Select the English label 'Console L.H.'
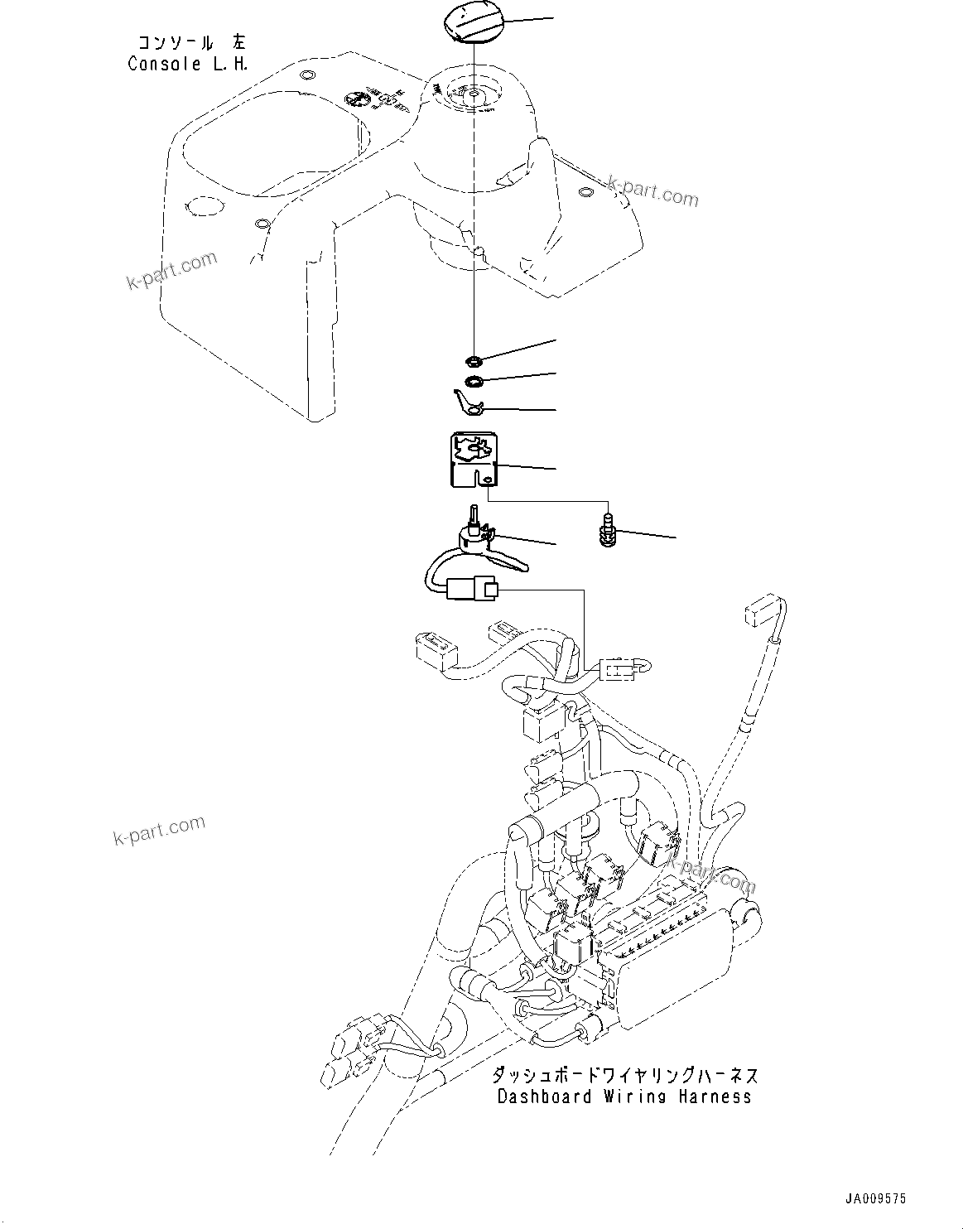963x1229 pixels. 188,64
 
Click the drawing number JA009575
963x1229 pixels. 875,1198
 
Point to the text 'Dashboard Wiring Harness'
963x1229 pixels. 624,1097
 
